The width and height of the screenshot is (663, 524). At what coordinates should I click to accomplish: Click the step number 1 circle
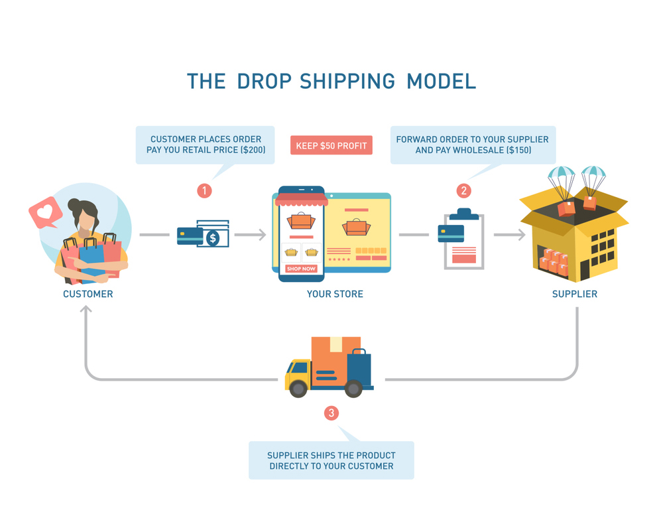pos(204,191)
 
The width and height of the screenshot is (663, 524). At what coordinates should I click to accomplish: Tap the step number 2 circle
pos(463,191)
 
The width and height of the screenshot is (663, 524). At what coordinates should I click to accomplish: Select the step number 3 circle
pos(331,413)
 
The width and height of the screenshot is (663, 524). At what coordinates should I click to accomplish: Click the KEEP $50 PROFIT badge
pos(331,145)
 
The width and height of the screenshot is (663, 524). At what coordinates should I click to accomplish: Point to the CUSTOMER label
pos(88,294)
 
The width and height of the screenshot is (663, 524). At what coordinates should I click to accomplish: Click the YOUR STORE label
pos(335,294)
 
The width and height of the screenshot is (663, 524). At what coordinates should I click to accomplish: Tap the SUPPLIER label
pos(575,294)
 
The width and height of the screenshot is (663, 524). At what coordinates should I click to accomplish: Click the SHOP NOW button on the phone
pos(301,269)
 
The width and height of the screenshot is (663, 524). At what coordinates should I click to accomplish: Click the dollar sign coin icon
pos(213,237)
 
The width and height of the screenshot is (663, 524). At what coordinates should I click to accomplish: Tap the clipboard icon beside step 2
pos(463,240)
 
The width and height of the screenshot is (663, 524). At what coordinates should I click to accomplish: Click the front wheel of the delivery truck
pos(299,389)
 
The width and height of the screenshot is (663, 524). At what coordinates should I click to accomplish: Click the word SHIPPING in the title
pos(347,81)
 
